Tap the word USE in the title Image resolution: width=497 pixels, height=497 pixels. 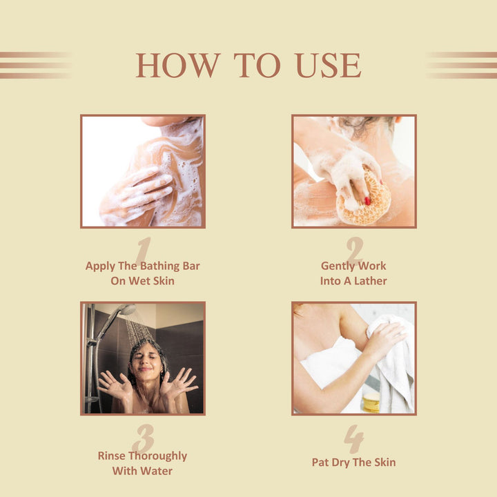[x=329, y=66]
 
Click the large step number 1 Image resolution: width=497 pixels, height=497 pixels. [x=144, y=251]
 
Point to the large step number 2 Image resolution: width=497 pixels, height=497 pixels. [x=355, y=250]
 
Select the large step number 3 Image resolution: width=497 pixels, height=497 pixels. [x=144, y=438]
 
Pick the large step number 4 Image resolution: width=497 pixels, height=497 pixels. [x=354, y=439]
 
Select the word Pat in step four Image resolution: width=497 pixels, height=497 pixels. [x=320, y=462]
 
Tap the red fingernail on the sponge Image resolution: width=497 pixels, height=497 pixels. [x=367, y=201]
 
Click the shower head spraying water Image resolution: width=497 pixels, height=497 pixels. [x=127, y=309]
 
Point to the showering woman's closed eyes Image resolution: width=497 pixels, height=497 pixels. [x=146, y=357]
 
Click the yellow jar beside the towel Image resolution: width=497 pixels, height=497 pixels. [x=371, y=402]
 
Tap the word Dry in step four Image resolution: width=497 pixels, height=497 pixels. [x=340, y=462]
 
